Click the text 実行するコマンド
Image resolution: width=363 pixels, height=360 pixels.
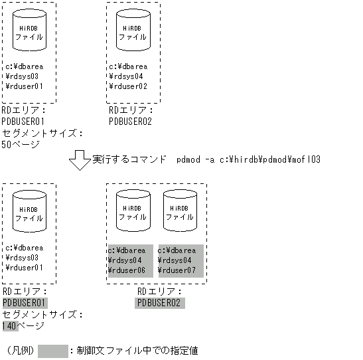click(x=129, y=160)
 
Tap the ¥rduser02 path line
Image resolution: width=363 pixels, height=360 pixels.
click(x=129, y=86)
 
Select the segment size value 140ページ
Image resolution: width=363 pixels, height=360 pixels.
click(x=23, y=325)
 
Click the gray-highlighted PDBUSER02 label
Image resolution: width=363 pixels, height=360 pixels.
click(x=160, y=303)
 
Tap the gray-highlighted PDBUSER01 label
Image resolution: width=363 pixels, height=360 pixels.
click(x=23, y=303)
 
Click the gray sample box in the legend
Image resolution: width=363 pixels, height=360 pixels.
click(x=53, y=350)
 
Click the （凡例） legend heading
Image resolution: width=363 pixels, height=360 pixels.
click(x=21, y=350)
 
